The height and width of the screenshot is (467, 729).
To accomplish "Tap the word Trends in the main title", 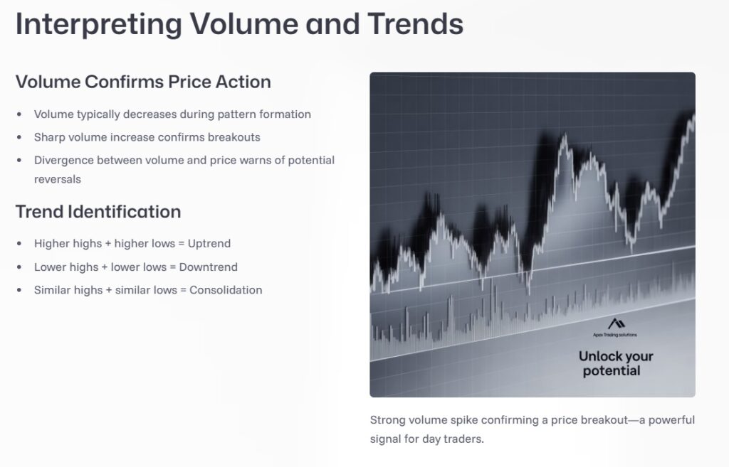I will click(x=415, y=24).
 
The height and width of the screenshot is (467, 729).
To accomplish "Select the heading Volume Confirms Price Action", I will click(x=143, y=82).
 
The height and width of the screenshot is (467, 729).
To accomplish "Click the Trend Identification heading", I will click(x=98, y=212).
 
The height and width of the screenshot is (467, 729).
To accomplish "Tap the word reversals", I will click(x=58, y=179).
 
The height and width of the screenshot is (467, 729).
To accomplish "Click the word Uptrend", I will click(x=209, y=244).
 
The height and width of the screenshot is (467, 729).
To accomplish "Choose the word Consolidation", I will click(x=226, y=290).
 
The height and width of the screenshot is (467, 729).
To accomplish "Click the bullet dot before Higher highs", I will click(x=19, y=244).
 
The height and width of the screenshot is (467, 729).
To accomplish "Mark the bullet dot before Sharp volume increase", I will click(x=19, y=137).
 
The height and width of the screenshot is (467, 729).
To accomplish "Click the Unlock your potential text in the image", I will click(x=615, y=363).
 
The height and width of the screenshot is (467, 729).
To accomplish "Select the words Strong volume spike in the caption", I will click(x=414, y=420).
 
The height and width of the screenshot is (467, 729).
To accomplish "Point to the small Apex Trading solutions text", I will click(x=614, y=334).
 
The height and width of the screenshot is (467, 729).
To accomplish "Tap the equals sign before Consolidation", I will click(x=182, y=290).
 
